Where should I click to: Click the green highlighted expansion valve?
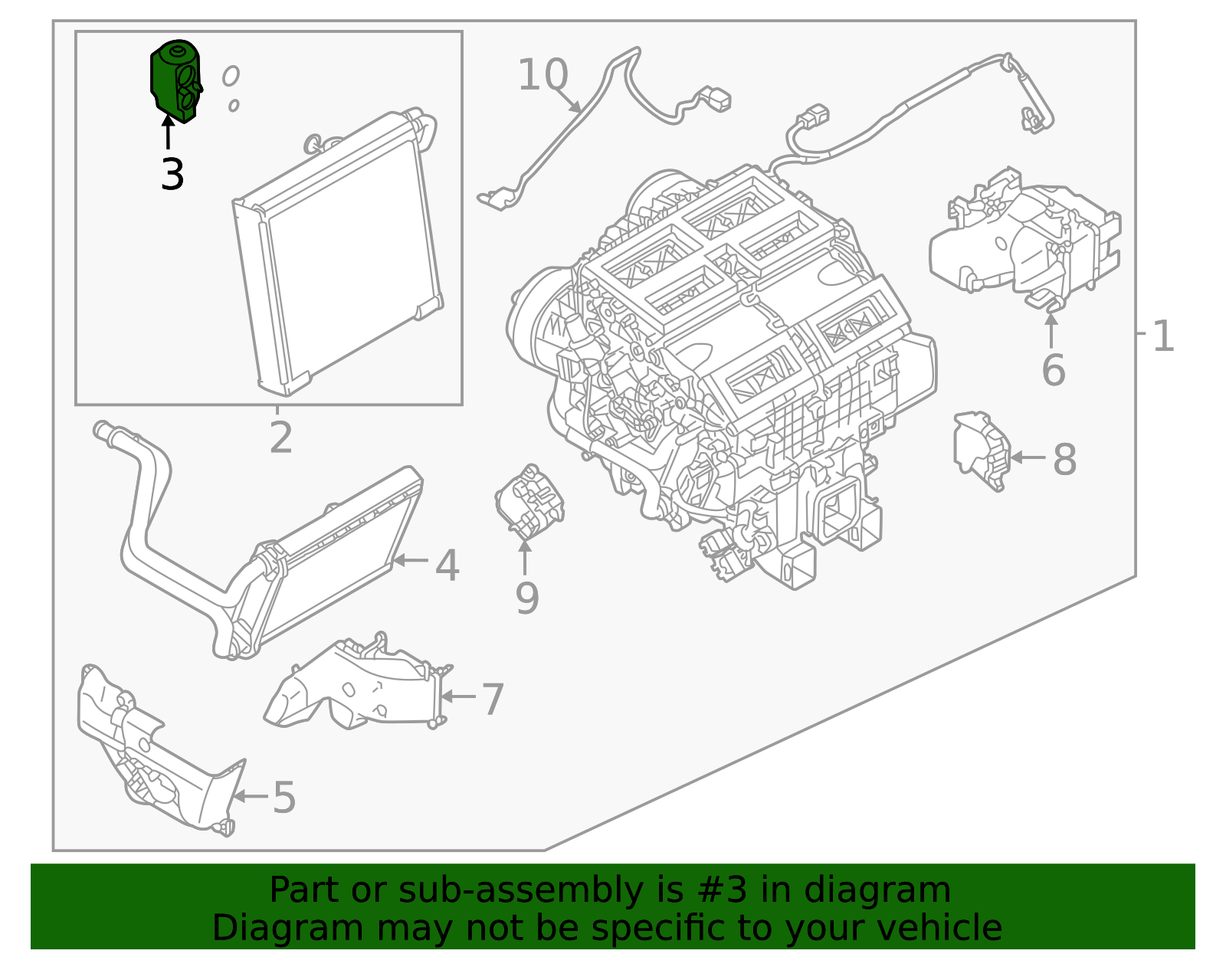[175, 80]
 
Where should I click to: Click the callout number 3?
[172, 175]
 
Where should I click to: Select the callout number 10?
[543, 75]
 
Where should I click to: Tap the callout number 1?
[1162, 337]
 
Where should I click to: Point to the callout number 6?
[1053, 371]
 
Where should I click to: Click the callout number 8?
[1064, 460]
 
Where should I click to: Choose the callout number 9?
[526, 598]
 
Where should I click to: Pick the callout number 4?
[447, 566]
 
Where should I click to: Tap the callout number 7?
[492, 700]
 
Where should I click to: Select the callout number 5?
[284, 798]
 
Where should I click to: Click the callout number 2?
[280, 438]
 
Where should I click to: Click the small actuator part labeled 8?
[981, 451]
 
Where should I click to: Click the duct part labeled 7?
[360, 686]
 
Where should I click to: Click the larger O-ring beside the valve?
[230, 76]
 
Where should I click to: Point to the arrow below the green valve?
[167, 132]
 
